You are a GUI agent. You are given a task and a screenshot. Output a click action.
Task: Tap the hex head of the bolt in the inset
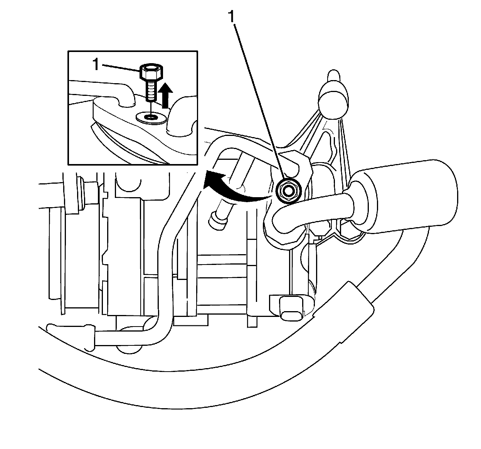(151, 72)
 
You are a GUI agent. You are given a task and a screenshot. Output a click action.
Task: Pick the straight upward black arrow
(166, 96)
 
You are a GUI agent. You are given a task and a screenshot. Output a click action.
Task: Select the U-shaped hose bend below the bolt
(281, 223)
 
